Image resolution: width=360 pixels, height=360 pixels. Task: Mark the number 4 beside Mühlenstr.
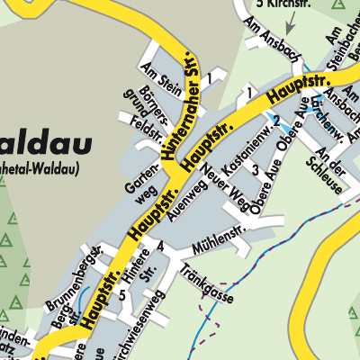click(x=159, y=246)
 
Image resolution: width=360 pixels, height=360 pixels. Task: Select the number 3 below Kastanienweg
click(x=255, y=170)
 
